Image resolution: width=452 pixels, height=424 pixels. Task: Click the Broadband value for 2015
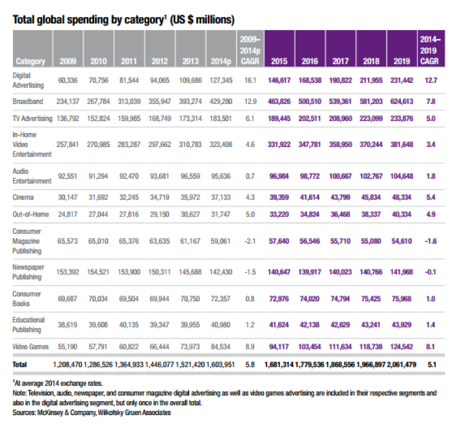click(279, 101)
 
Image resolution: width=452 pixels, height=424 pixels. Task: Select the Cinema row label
click(23, 197)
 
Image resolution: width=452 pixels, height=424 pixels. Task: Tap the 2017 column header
click(340, 61)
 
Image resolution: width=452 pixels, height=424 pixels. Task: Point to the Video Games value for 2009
click(68, 347)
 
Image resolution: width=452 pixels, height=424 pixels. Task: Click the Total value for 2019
click(402, 365)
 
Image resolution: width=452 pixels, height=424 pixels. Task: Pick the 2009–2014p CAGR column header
click(250, 50)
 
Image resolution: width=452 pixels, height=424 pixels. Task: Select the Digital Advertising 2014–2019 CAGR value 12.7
click(431, 80)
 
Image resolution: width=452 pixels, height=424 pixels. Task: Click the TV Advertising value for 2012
click(159, 118)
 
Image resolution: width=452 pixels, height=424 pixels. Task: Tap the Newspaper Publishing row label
click(28, 272)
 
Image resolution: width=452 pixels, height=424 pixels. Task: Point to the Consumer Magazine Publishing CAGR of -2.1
click(250, 241)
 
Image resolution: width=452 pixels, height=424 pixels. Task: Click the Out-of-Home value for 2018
click(371, 215)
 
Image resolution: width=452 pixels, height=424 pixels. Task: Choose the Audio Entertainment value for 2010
click(98, 176)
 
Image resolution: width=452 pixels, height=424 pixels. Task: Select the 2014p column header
click(221, 61)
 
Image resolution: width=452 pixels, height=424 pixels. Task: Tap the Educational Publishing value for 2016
click(310, 325)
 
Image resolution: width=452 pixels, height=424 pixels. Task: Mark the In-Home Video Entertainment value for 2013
click(190, 144)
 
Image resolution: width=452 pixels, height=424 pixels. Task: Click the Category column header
click(31, 61)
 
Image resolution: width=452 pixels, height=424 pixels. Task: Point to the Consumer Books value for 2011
click(129, 299)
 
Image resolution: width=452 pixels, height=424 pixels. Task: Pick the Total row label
click(20, 365)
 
